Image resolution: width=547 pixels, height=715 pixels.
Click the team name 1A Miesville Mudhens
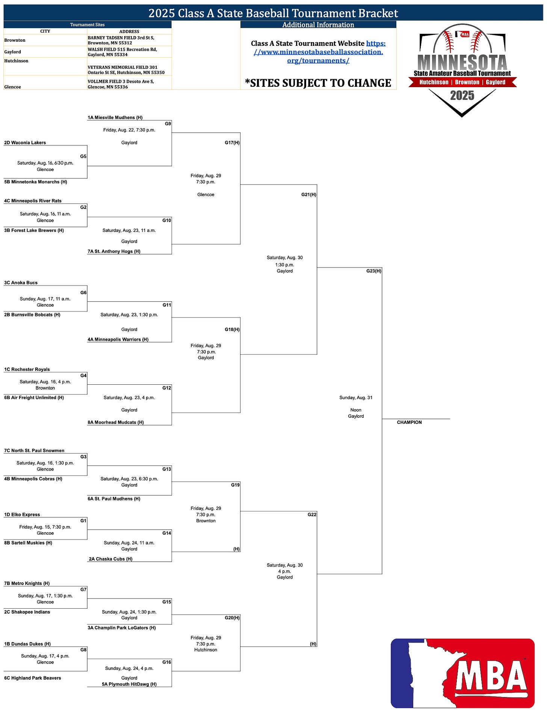pyautogui.click(x=115, y=118)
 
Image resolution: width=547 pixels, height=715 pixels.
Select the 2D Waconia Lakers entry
pyautogui.click(x=25, y=143)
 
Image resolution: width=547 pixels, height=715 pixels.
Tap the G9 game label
pyautogui.click(x=168, y=124)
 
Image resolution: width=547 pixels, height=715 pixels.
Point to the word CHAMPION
pyautogui.click(x=409, y=422)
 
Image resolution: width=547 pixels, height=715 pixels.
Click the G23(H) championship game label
pyautogui.click(x=373, y=271)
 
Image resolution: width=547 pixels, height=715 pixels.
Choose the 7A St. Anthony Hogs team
pyautogui.click(x=114, y=251)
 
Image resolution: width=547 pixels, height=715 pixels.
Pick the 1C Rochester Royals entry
pyautogui.click(x=27, y=369)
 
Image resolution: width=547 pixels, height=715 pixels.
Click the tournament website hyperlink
pyautogui.click(x=318, y=52)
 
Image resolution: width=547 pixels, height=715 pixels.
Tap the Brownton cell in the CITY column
pyautogui.click(x=15, y=40)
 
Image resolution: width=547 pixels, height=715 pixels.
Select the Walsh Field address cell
pyautogui.click(x=122, y=52)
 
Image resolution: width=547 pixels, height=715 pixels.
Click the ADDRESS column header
pyautogui.click(x=129, y=32)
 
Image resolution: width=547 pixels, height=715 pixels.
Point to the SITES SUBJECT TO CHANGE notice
pyautogui.click(x=318, y=83)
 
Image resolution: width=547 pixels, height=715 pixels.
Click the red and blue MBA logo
pyautogui.click(x=462, y=673)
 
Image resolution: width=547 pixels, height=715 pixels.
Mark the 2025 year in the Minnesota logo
pyautogui.click(x=462, y=95)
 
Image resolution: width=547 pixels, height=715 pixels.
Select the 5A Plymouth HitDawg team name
pyautogui.click(x=129, y=684)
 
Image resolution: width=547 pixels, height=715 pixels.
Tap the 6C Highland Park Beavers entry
pyautogui.click(x=33, y=678)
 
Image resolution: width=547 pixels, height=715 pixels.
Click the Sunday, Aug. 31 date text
pyautogui.click(x=356, y=398)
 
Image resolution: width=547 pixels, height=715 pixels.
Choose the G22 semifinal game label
pyautogui.click(x=312, y=515)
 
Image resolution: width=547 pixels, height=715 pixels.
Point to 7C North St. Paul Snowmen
pyautogui.click(x=34, y=450)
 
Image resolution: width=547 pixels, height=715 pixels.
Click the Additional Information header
pyautogui.click(x=318, y=25)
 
